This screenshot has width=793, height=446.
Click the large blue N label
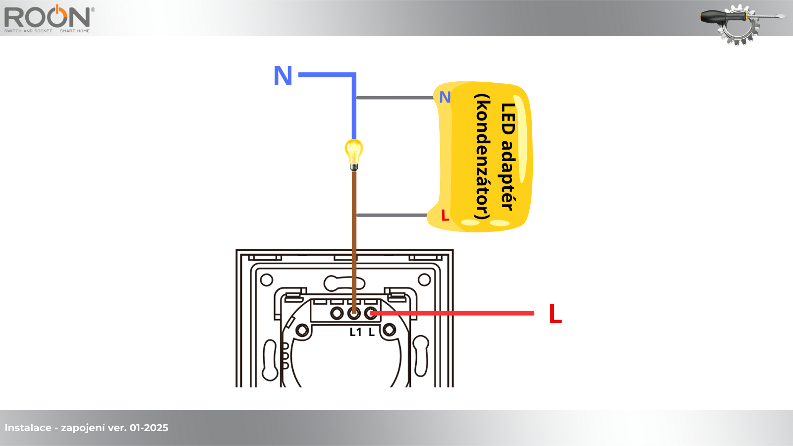(x=283, y=76)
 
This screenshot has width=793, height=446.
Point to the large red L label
(x=556, y=314)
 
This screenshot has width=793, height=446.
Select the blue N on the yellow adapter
(x=445, y=98)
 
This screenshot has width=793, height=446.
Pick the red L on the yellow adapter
(x=445, y=216)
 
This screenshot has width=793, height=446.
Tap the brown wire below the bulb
(x=354, y=223)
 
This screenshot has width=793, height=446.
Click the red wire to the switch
(x=456, y=313)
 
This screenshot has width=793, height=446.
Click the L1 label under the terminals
(x=355, y=333)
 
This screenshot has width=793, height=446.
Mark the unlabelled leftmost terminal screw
(x=337, y=313)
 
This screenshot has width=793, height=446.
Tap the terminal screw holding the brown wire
(x=354, y=313)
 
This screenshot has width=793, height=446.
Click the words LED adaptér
(x=509, y=157)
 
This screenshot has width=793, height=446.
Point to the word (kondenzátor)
(x=482, y=157)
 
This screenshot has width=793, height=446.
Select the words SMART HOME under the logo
(x=75, y=31)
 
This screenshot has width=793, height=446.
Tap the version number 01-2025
(x=149, y=428)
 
